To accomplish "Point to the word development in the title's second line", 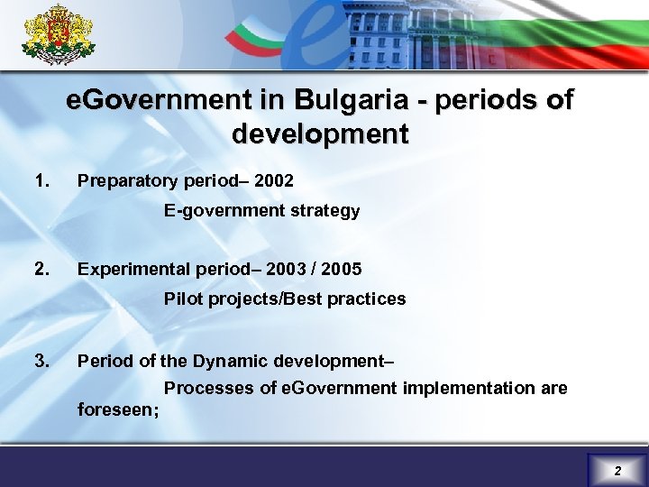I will pyautogui.click(x=320, y=134).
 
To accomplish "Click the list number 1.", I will pyautogui.click(x=40, y=180).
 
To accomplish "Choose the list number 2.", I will pyautogui.click(x=40, y=268).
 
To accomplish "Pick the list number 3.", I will pyautogui.click(x=40, y=361).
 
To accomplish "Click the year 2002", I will pyautogui.click(x=274, y=181).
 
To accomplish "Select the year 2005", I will pyautogui.click(x=343, y=269).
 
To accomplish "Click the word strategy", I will pyautogui.click(x=329, y=211).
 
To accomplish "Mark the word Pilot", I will pyautogui.click(x=183, y=299).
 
